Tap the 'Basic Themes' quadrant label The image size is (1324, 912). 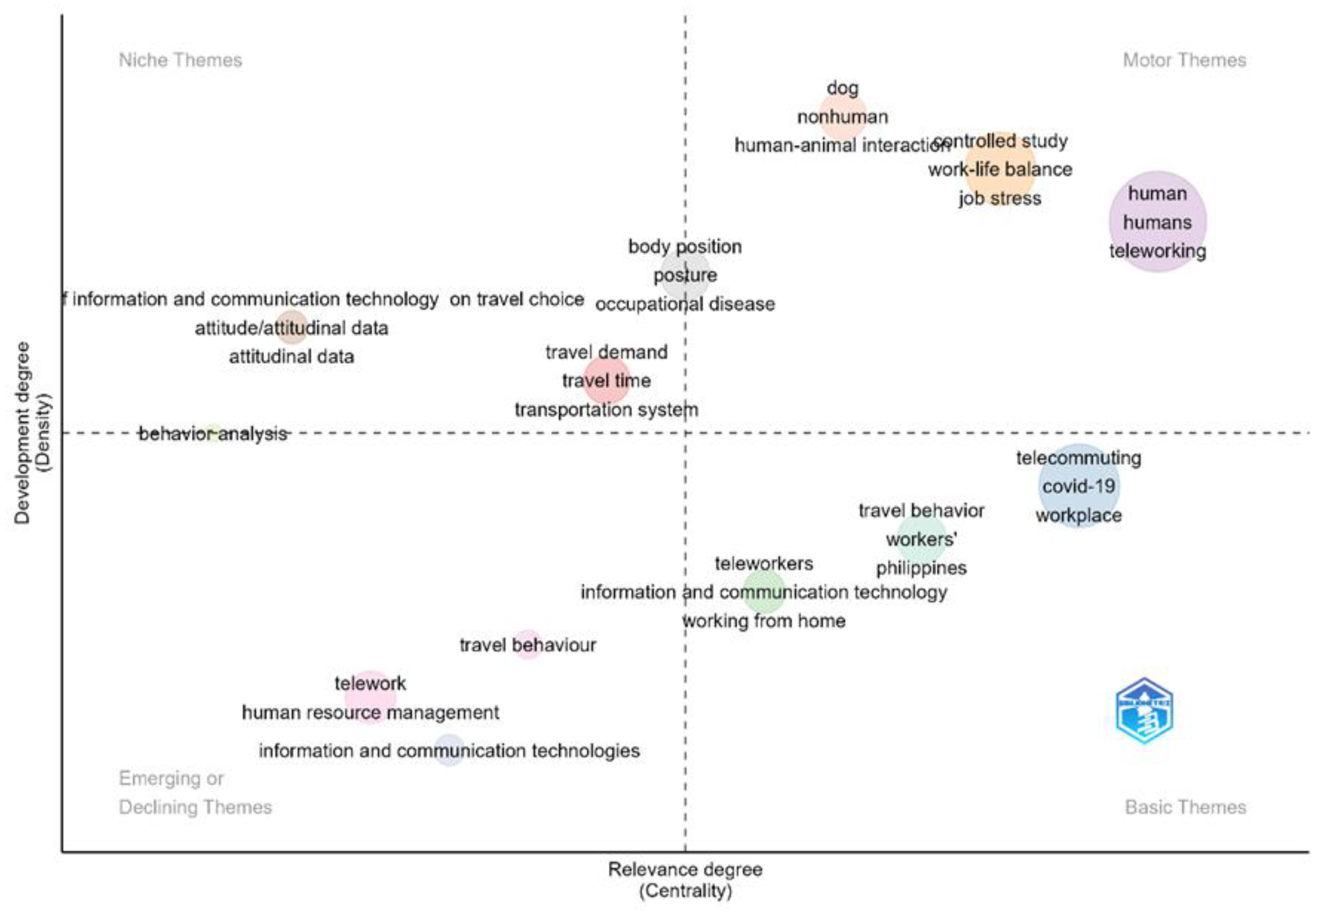[x=1185, y=807]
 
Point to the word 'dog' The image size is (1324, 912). [x=842, y=88]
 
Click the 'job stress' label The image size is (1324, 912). [x=1000, y=198]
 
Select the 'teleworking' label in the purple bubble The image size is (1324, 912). [x=1157, y=251]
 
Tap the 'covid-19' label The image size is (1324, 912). [x=1079, y=486]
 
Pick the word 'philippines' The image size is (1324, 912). [x=921, y=568]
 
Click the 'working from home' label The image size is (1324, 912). [x=764, y=620]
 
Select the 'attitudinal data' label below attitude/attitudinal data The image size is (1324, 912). [x=291, y=357]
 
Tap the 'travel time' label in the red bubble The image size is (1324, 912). [x=606, y=381]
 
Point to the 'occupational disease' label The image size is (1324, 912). [x=685, y=304]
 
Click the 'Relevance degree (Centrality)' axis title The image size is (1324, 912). [x=685, y=880]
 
